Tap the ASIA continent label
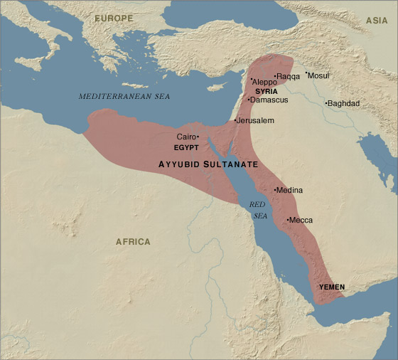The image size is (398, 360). click(x=376, y=21)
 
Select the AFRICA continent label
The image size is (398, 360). click(x=133, y=242)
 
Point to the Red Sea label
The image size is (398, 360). click(x=257, y=210)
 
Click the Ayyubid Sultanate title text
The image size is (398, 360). click(x=208, y=164)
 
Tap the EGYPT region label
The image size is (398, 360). click(x=186, y=147)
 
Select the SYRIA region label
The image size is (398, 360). click(x=266, y=91)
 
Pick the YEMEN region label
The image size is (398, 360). click(x=332, y=287)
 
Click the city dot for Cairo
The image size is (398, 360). click(x=198, y=137)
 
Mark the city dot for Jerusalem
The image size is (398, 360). click(x=235, y=121)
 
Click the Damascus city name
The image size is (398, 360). click(x=269, y=100)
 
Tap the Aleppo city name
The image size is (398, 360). click(x=265, y=83)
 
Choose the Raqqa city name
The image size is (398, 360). click(x=289, y=75)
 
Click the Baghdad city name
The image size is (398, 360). click(x=344, y=104)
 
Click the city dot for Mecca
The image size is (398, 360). click(x=287, y=220)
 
